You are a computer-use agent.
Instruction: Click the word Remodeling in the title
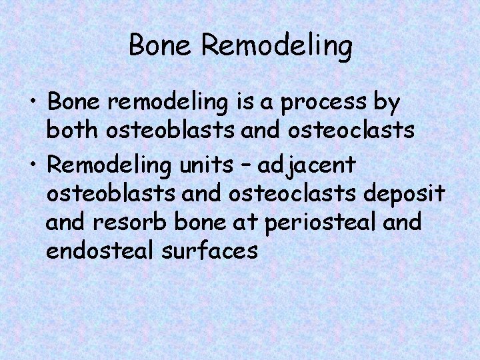click(276, 46)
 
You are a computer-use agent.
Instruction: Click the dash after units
click(247, 163)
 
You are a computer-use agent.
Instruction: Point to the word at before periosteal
click(245, 222)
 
